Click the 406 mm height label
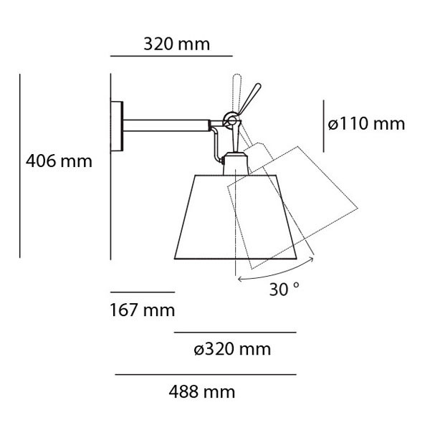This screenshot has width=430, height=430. [x=59, y=161]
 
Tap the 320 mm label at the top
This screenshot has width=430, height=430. [x=177, y=44]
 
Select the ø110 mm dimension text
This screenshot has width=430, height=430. [x=366, y=124]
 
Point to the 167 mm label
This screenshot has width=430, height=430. [x=143, y=310]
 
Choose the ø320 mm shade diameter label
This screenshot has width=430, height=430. [x=232, y=350]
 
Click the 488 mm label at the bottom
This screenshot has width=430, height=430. [x=202, y=392]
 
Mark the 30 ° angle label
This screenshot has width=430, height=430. [x=284, y=289]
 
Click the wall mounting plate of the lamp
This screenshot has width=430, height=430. [x=117, y=126]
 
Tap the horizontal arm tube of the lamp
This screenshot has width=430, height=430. [x=166, y=125]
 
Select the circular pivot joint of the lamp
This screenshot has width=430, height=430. [x=231, y=120]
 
